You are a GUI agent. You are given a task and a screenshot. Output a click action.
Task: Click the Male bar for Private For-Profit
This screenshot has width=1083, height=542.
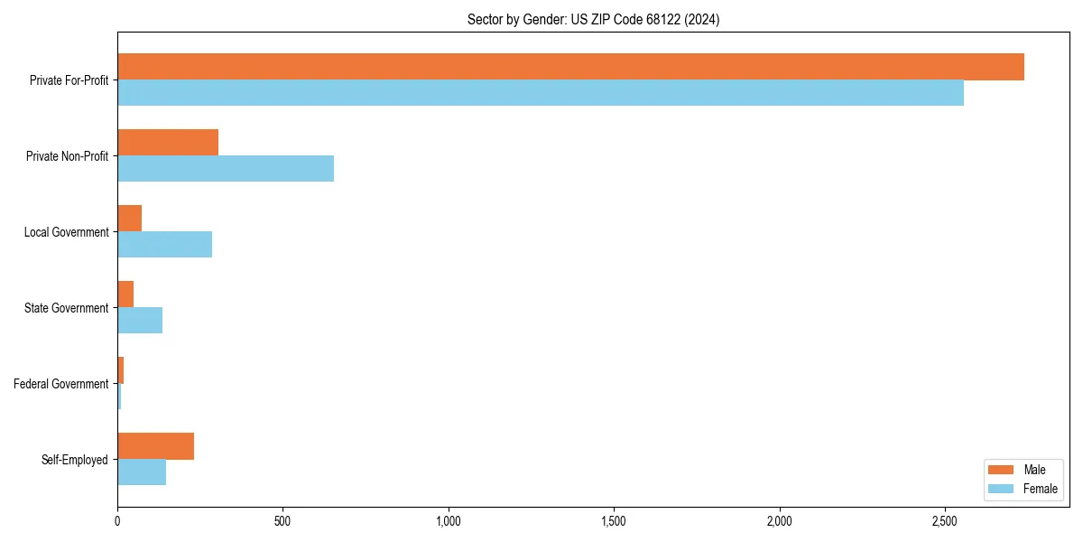coord(570,67)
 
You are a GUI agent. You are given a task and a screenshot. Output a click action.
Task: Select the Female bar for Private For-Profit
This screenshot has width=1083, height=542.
coord(541,93)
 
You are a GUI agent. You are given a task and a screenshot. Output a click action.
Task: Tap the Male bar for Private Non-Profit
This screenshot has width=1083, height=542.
coord(168,143)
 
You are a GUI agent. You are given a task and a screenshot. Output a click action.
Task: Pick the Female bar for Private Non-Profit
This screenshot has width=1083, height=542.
coord(226,169)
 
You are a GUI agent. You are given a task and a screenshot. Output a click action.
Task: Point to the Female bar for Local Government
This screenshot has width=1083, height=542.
coord(164,245)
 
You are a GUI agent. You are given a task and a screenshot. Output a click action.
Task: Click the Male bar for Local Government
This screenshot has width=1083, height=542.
coord(129,219)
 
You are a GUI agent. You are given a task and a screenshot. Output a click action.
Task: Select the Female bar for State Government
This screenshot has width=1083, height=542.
coord(140,321)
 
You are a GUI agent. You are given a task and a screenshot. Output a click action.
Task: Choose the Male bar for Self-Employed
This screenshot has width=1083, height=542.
coord(155,446)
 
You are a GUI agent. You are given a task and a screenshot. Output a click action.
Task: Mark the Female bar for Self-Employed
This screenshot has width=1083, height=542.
coord(142,472)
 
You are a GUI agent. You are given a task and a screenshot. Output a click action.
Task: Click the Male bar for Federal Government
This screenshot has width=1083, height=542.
coord(120,370)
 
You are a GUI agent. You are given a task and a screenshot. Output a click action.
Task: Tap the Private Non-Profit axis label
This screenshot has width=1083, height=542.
coord(67,156)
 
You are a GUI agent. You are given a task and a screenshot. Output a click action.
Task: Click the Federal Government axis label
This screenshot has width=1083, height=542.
coord(60,384)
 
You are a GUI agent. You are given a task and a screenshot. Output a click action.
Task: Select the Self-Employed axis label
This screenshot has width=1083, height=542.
coord(74,460)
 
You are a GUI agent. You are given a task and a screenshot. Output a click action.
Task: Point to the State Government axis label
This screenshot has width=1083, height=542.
coord(66,308)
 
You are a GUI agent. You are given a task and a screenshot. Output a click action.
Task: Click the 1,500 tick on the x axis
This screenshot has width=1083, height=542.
coord(614,522)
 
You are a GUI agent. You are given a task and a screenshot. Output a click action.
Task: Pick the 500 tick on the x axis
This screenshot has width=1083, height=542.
coord(282,522)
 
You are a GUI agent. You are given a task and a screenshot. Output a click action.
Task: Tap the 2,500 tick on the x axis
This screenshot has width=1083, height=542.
coord(944,522)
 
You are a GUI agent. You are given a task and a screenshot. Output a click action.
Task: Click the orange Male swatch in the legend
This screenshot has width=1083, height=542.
coord(1002,470)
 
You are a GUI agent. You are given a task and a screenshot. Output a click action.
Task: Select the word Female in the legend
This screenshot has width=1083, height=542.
coord(1041,489)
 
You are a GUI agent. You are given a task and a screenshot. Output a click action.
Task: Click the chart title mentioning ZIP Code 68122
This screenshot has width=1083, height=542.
coord(593,19)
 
